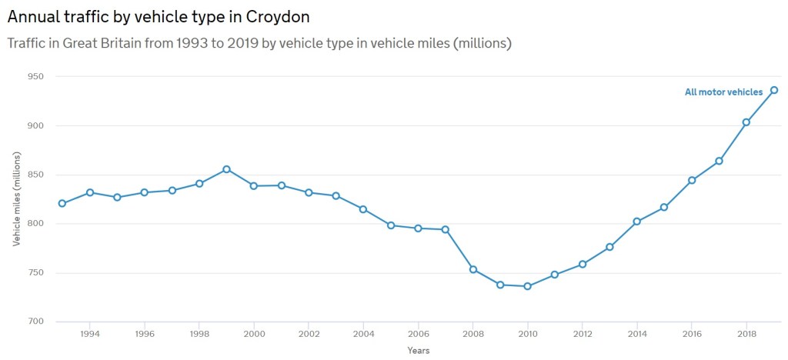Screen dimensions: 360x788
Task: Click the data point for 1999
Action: click(x=226, y=169)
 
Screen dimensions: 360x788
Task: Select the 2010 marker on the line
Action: click(x=527, y=286)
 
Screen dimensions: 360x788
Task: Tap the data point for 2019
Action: click(x=774, y=90)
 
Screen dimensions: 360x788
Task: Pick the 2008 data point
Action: click(x=473, y=269)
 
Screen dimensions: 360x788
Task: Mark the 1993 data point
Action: click(x=62, y=204)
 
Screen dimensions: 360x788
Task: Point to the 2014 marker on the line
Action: click(x=637, y=222)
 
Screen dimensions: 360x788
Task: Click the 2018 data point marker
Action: click(x=746, y=122)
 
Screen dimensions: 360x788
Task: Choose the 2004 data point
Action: click(x=363, y=209)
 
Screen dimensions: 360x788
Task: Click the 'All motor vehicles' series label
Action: click(x=723, y=92)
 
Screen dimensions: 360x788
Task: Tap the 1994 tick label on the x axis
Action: click(x=90, y=335)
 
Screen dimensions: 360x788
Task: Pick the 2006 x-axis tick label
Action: click(x=418, y=335)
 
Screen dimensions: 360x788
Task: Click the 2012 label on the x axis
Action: click(x=583, y=335)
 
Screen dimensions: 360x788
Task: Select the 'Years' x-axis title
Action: click(x=419, y=351)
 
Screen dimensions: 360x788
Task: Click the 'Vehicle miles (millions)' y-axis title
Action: click(x=17, y=199)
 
